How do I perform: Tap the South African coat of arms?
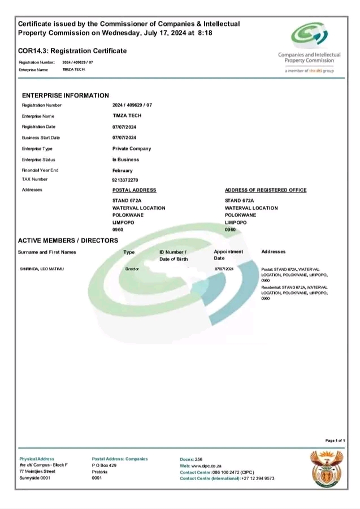pyautogui.click(x=327, y=469)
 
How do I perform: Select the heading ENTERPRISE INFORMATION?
pyautogui.click(x=66, y=96)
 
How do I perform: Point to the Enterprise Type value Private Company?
pyautogui.click(x=132, y=149)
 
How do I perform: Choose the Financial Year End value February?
pyautogui.click(x=123, y=170)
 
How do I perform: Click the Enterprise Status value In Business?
pyautogui.click(x=125, y=159)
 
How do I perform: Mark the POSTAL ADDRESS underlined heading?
pyautogui.click(x=134, y=190)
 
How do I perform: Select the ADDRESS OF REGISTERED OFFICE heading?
pyautogui.click(x=266, y=190)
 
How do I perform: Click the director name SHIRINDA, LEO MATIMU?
pyautogui.click(x=42, y=269)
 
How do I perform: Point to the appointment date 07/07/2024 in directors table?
pyautogui.click(x=224, y=269)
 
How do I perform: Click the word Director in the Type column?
pyautogui.click(x=132, y=269)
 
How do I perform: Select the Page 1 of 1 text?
pyautogui.click(x=335, y=440)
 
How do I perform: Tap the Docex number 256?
pyautogui.click(x=198, y=459)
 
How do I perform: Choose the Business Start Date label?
pyautogui.click(x=41, y=138)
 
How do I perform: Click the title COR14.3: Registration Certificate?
pyautogui.click(x=72, y=51)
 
